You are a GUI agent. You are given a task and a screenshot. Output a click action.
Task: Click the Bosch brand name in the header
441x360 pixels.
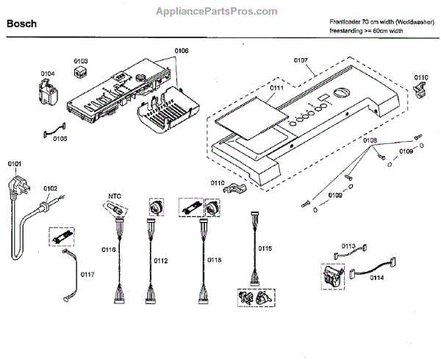click(x=21, y=24)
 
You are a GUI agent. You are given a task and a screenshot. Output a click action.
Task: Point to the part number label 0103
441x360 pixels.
click(x=81, y=61)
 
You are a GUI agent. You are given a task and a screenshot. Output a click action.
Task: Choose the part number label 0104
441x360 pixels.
click(x=48, y=73)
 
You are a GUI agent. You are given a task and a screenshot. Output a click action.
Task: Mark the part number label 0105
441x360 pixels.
click(x=60, y=138)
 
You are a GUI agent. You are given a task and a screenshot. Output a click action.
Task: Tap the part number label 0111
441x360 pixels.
click(x=277, y=88)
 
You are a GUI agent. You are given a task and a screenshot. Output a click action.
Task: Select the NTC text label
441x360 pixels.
click(x=114, y=195)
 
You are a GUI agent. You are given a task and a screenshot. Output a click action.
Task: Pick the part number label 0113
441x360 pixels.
click(x=348, y=246)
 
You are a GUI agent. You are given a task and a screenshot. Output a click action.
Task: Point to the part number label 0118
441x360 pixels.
click(x=215, y=259)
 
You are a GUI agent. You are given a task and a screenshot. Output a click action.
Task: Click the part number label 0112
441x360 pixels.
click(x=161, y=259)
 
